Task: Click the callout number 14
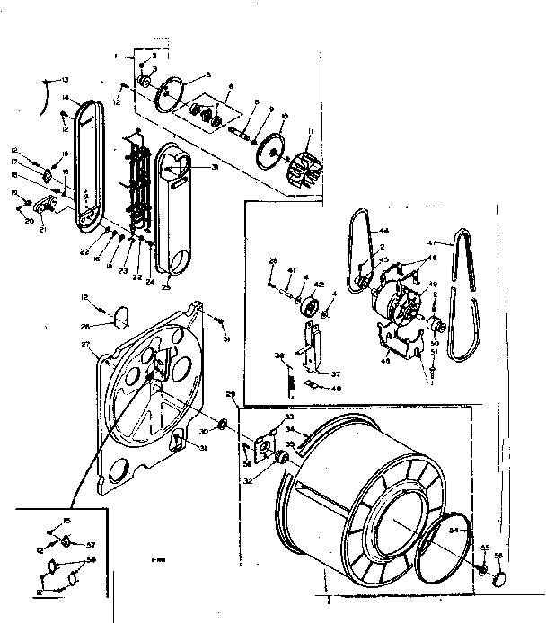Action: [x=66, y=99]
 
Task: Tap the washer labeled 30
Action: [x=222, y=422]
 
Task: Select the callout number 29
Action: [x=231, y=394]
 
